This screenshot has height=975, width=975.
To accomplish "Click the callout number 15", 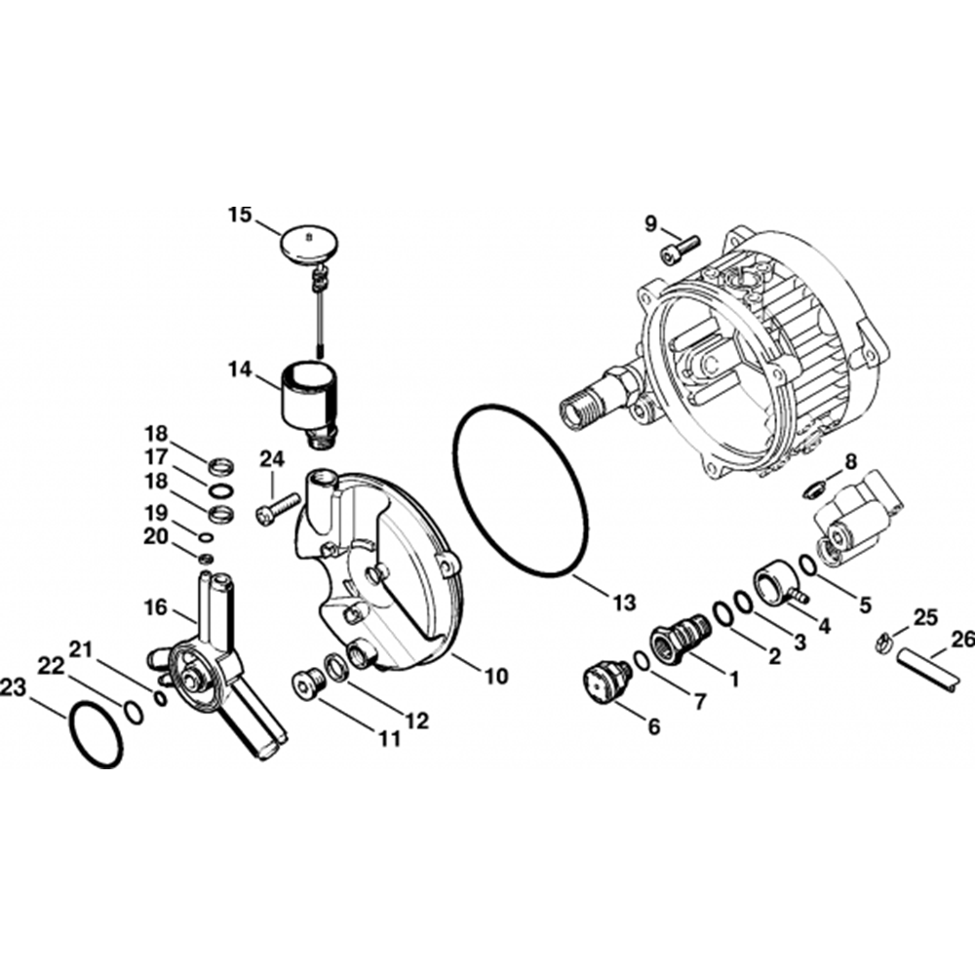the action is pyautogui.click(x=240, y=215).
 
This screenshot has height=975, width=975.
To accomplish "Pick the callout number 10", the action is pyautogui.click(x=496, y=676).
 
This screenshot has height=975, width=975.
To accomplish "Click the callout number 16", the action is pyautogui.click(x=155, y=606).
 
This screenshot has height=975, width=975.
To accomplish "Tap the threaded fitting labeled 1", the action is pyautogui.click(x=679, y=635).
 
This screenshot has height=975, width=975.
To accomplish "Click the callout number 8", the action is pyautogui.click(x=851, y=462).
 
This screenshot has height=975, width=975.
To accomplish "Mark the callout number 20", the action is pyautogui.click(x=157, y=536).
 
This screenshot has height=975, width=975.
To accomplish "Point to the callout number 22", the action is pyautogui.click(x=51, y=666).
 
